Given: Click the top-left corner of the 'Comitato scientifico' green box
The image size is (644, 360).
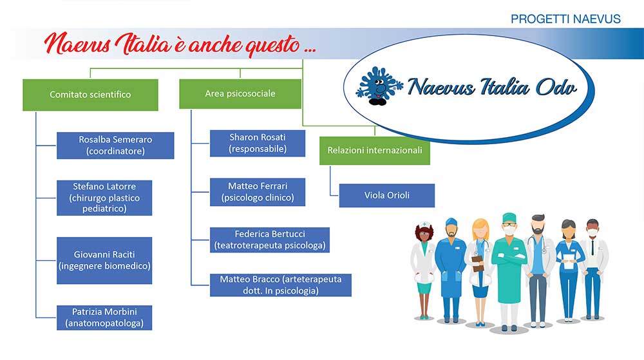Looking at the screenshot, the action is coord(23,80).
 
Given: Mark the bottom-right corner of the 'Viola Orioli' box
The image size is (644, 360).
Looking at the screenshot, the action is coord(435,207).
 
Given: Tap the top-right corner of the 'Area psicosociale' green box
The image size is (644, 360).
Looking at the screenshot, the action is coord(301,80).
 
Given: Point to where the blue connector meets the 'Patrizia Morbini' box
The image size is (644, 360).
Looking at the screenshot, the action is coord(57,317).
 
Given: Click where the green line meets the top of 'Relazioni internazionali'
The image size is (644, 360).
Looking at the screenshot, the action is coord(375,137).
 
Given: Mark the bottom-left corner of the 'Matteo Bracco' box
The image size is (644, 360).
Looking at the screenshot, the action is coord(211,296).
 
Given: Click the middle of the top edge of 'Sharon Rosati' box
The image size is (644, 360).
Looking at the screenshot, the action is coord(258,131).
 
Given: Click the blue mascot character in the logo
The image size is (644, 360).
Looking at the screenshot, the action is coord(377,86).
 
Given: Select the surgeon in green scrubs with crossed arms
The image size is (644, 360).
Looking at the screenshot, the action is coord(509,271).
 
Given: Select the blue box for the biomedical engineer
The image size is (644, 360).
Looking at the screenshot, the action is coord(104,260).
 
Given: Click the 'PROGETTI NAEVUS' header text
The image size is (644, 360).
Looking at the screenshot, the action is coord(565,19).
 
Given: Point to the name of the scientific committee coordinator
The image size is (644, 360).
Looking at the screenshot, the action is coord(115,140).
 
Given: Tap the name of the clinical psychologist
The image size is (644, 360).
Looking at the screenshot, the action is coord(258,186).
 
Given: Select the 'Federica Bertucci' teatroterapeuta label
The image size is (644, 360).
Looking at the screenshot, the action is coord(270,240).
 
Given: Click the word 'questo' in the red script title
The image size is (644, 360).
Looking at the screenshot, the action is coord(272,45).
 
